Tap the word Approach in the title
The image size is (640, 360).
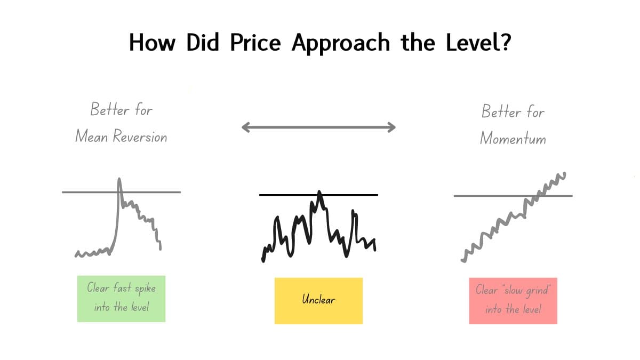click(x=341, y=43)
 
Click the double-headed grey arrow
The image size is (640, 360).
click(x=318, y=127)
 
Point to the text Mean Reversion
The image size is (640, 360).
click(x=121, y=137)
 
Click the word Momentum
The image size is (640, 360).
click(x=513, y=138)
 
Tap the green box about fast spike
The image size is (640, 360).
click(x=121, y=298)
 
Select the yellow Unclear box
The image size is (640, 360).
click(x=318, y=300)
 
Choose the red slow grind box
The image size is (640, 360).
click(x=513, y=300)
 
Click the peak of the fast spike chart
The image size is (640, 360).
click(x=119, y=179)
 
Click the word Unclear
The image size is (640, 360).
click(x=318, y=300)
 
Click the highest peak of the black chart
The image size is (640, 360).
click(x=319, y=191)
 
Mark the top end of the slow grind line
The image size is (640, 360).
click(x=564, y=173)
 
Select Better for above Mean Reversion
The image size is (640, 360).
click(x=121, y=110)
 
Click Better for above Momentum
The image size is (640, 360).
click(x=513, y=112)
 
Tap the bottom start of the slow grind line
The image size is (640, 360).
click(x=463, y=260)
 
